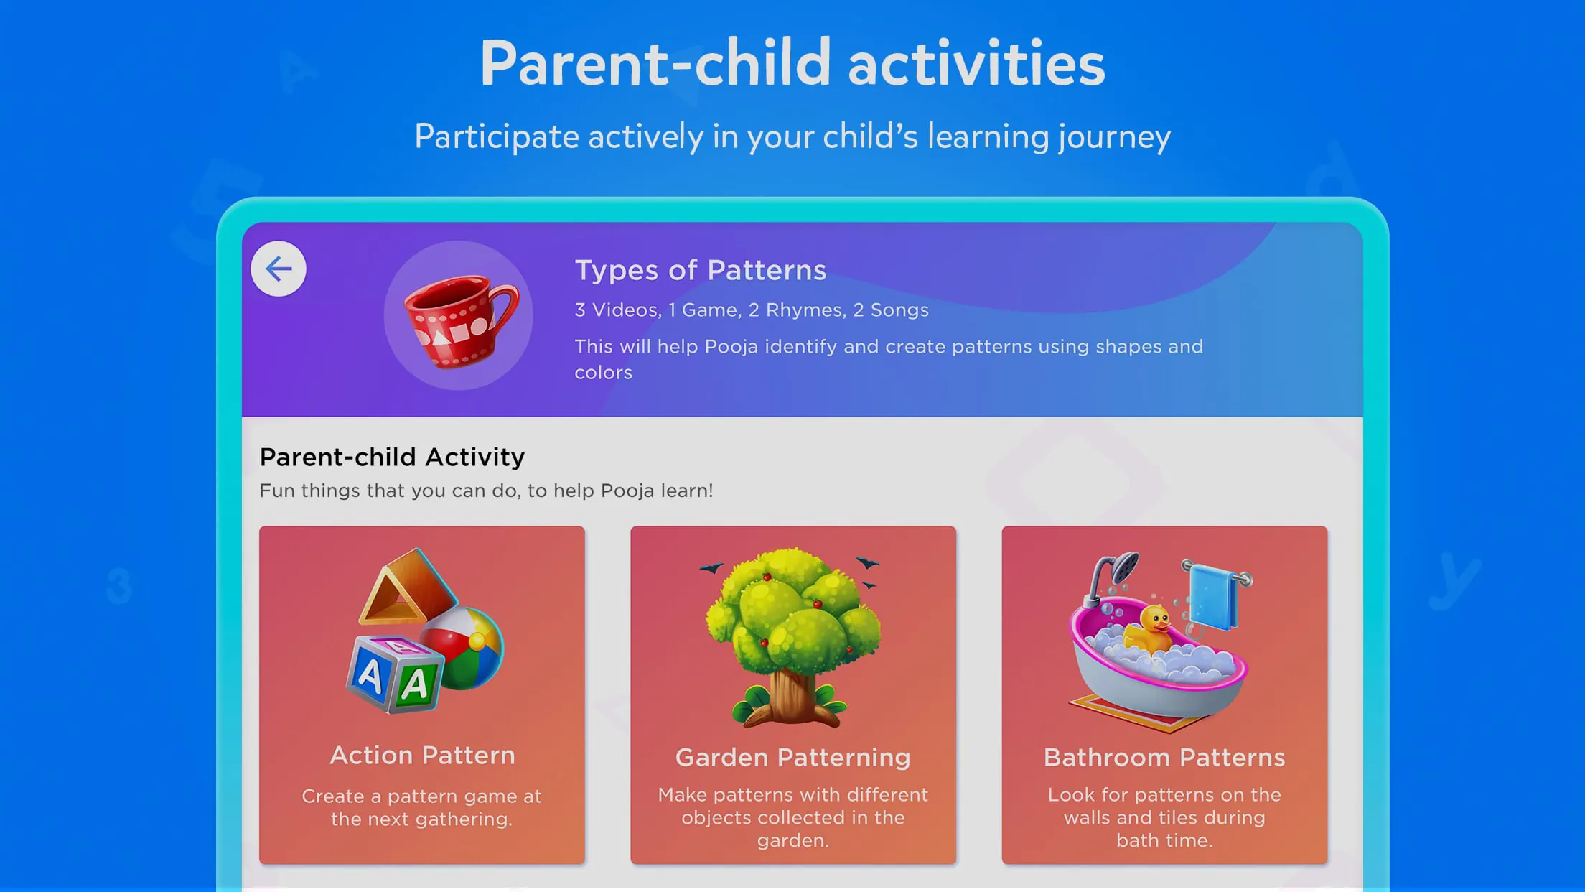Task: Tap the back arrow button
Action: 279,269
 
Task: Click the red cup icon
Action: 459,319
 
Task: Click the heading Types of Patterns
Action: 700,270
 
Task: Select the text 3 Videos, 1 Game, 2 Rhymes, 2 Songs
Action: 751,310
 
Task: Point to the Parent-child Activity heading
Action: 392,457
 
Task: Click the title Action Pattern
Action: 422,755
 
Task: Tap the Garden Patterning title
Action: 792,757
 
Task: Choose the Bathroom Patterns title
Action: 1164,757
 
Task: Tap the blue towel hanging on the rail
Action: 1213,596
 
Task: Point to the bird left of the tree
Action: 711,568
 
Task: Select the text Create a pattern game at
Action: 421,796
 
